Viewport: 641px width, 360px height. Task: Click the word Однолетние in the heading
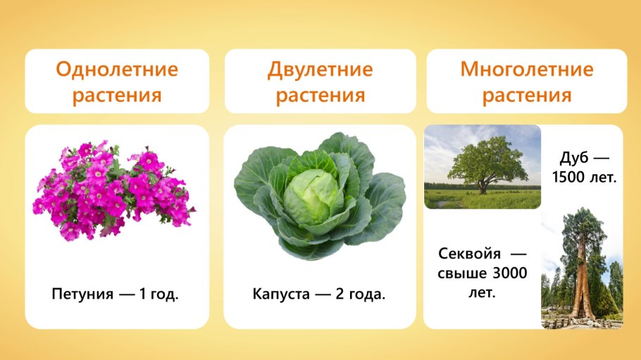click(116, 70)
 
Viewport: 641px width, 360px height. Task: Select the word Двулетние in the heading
click(320, 70)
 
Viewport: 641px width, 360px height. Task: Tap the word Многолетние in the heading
click(526, 70)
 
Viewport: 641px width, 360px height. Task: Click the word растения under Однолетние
click(116, 95)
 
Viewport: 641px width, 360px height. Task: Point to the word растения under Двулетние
click(320, 95)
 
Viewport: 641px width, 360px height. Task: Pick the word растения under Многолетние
click(526, 95)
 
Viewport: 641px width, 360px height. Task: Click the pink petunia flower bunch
click(113, 190)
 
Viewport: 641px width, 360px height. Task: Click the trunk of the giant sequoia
click(580, 282)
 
